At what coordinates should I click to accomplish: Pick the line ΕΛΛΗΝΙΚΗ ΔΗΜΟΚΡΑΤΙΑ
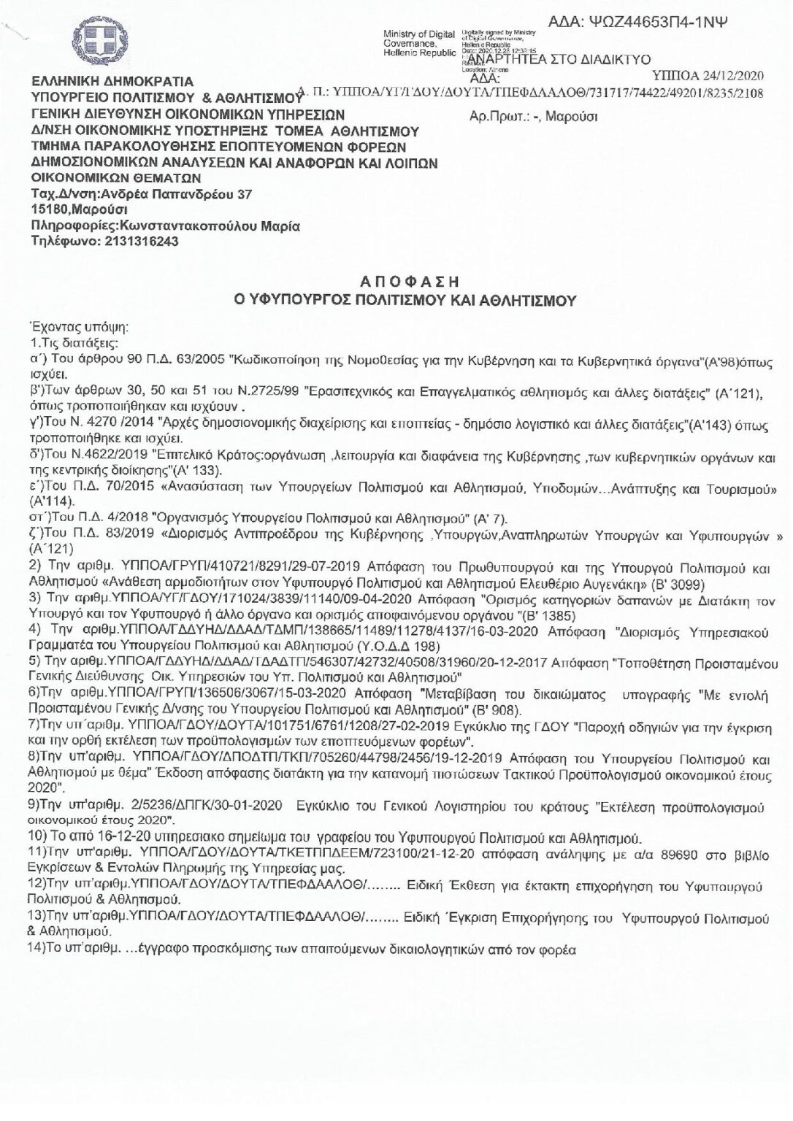click(x=112, y=81)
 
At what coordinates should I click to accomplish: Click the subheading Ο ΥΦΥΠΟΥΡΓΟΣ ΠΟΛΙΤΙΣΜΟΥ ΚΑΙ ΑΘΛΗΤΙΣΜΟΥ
click(x=395, y=299)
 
